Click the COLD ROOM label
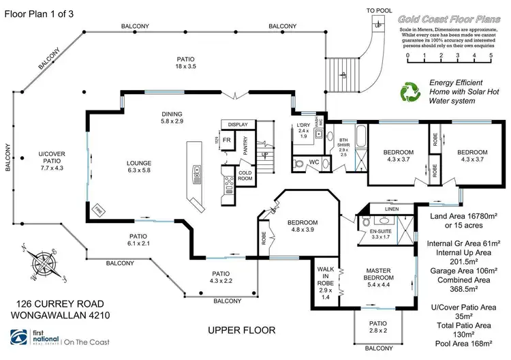click(x=245, y=175)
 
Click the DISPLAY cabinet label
click(x=238, y=124)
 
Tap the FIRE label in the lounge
click(x=97, y=207)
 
